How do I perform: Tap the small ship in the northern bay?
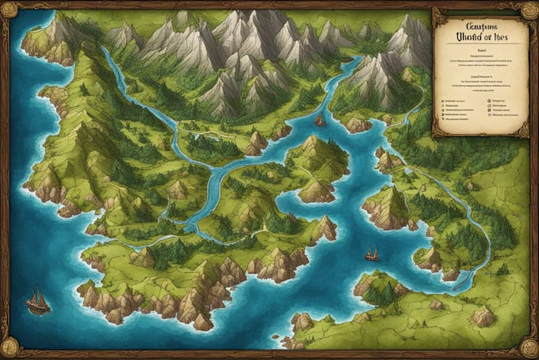pos(319,121)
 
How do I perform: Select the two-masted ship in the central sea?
pos(371,254)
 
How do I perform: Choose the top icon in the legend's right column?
pos(485,101)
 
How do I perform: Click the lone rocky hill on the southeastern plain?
pos(483,316)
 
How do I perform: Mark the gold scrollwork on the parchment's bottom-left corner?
pos(437,130)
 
